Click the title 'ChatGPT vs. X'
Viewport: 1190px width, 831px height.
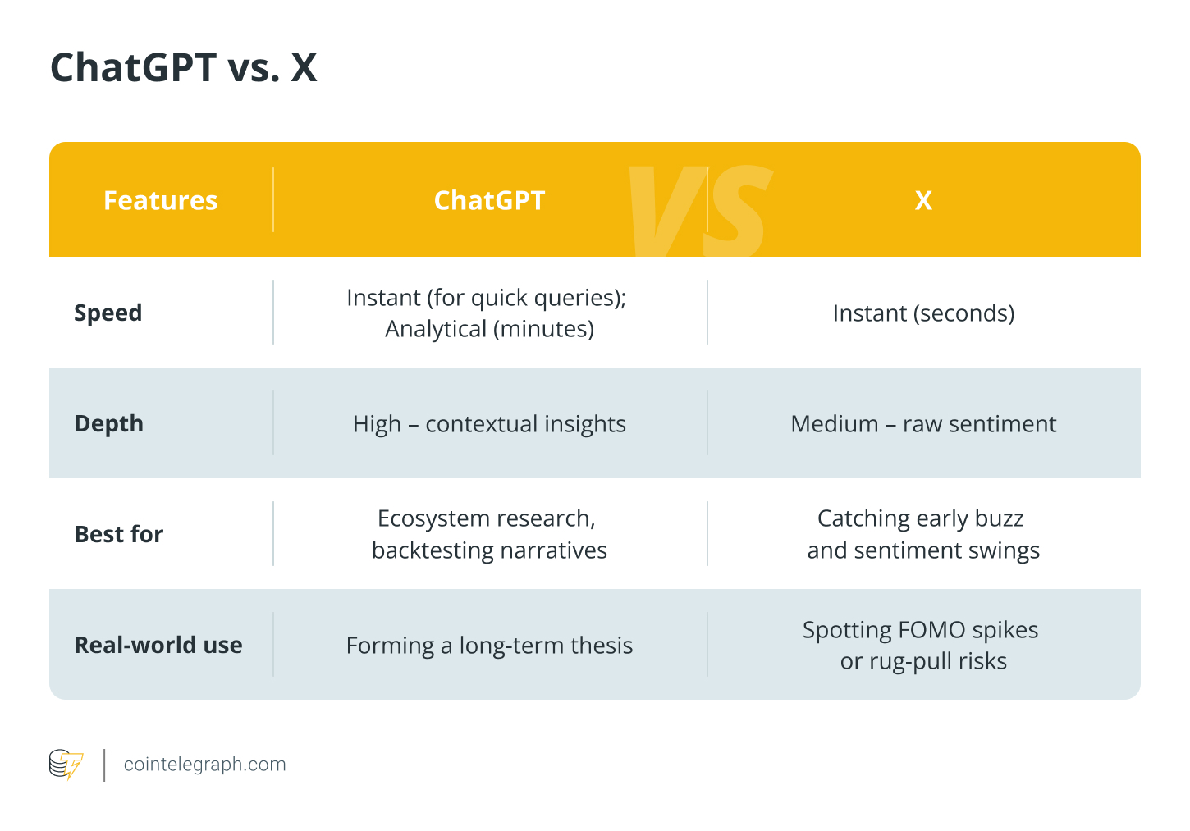[183, 67]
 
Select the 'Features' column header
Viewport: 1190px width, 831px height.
[160, 200]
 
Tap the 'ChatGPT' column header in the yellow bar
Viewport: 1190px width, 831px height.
[489, 200]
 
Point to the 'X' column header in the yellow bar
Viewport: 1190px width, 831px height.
[923, 200]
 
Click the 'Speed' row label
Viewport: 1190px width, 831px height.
[108, 313]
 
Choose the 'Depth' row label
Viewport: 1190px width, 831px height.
[108, 423]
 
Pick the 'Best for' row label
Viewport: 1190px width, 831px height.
[118, 534]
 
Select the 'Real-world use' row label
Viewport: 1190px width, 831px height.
[158, 645]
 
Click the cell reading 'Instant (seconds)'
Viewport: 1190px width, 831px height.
[923, 313]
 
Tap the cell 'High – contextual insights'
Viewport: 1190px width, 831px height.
[489, 423]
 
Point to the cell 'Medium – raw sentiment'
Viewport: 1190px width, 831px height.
[923, 423]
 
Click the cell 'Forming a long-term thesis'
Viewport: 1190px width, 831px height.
[489, 646]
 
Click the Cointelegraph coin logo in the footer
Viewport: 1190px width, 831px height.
[66, 765]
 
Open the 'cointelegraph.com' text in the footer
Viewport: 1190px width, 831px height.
[204, 765]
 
